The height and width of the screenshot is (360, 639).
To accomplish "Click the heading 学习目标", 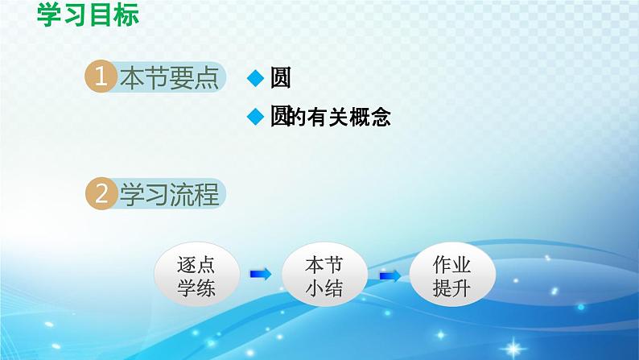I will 88,15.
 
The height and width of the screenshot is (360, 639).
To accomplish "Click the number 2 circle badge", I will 101,195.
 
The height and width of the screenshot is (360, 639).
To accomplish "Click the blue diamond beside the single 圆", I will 255,78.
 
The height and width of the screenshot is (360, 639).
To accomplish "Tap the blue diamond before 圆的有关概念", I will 255,118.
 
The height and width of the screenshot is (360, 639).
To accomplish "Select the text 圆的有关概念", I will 330,118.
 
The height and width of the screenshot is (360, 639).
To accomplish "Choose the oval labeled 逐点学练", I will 196,275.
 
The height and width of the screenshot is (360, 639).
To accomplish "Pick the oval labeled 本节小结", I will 324,275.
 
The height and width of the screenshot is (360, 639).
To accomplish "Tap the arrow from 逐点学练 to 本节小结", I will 260,275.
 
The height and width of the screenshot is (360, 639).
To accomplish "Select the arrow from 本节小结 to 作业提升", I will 390,275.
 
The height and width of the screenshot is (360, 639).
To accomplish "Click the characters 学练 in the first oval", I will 196,288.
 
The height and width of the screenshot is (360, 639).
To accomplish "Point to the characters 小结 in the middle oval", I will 324,288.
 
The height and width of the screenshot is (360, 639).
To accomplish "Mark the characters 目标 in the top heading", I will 113,15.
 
